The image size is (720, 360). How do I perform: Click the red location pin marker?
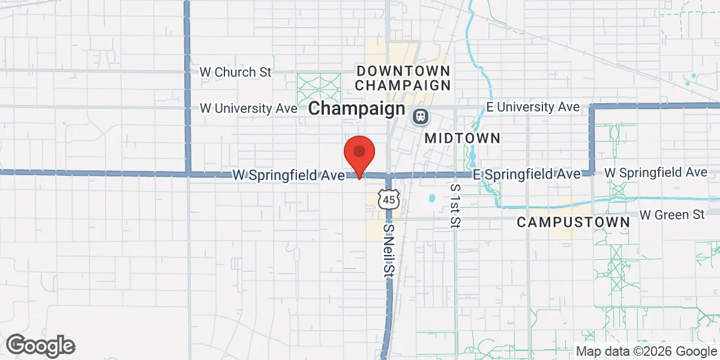359,154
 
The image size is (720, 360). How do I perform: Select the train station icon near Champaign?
420,116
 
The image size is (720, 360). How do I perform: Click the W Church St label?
235,72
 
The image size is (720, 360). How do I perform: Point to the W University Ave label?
248,109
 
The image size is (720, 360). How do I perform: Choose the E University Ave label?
533,107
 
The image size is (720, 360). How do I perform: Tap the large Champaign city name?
357,109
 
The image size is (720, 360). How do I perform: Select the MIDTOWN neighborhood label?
462,139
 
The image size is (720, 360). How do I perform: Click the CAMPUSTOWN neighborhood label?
573,222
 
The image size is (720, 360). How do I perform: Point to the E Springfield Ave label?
527,174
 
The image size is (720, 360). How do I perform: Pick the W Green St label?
671,214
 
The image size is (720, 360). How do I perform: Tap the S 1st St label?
455,206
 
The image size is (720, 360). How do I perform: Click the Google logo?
41,346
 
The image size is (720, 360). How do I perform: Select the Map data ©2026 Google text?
646,352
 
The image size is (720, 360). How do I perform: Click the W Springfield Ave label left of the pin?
289,176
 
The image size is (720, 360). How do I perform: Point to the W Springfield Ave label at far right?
656,173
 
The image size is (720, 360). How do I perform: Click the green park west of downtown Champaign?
319,88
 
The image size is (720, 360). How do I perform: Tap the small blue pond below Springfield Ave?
431,197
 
